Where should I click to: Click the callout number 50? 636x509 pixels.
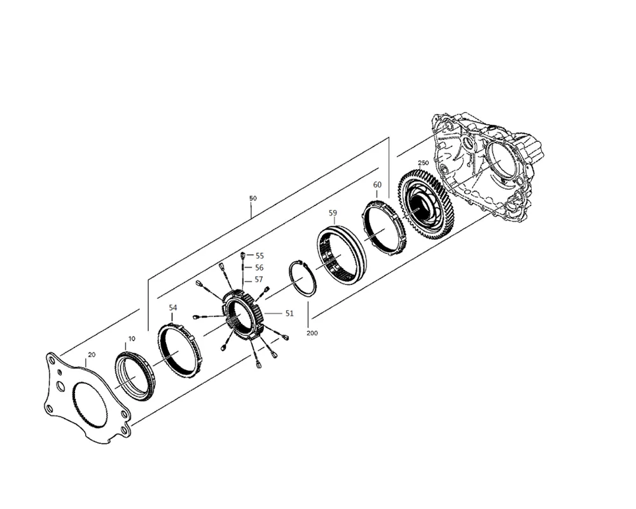pos(252,199)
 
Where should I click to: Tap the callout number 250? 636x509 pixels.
pos(423,163)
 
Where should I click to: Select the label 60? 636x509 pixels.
pos(377,185)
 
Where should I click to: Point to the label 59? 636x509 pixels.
pos(333,213)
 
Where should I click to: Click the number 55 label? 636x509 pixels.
pos(259,256)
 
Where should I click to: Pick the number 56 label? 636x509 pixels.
pos(259,268)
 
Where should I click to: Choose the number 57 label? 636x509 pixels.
pos(259,279)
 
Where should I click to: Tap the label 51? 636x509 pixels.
pos(289,313)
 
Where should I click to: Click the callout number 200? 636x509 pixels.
pos(312,333)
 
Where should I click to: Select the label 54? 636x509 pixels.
pos(173,308)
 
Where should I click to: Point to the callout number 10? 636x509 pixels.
pos(132,338)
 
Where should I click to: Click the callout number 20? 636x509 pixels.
pos(92,354)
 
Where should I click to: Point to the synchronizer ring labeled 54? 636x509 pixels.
pos(179,351)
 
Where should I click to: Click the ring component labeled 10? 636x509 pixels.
pos(135,376)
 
